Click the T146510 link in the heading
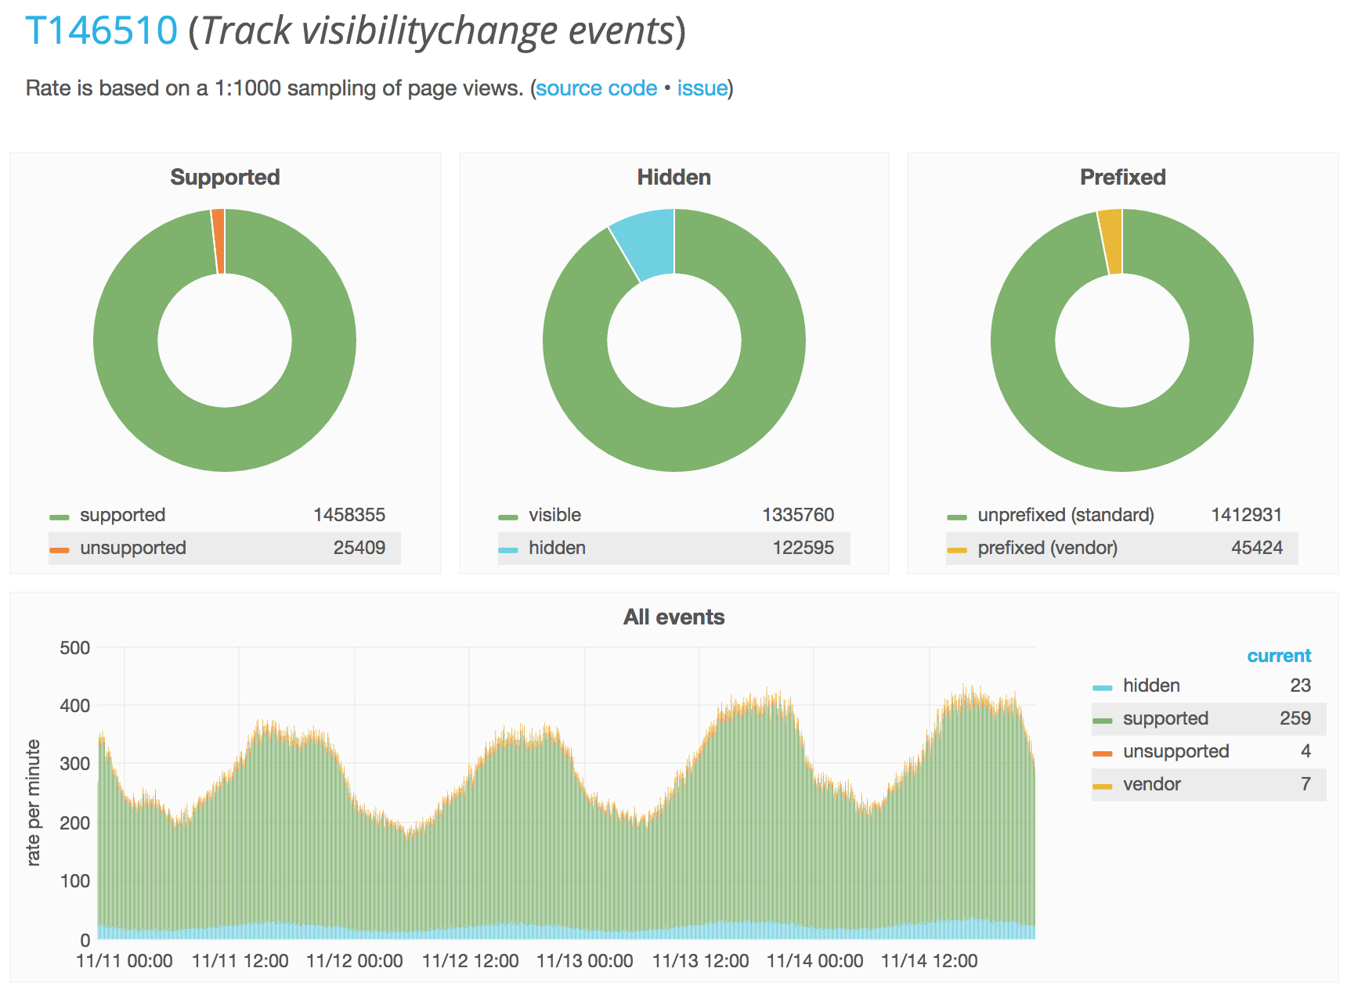(102, 31)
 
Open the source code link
(596, 88)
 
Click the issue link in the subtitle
(702, 88)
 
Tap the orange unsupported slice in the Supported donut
(218, 241)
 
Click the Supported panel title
(225, 178)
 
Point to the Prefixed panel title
(1122, 178)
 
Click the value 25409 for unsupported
(359, 548)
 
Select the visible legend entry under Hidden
(554, 515)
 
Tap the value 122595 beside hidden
(803, 548)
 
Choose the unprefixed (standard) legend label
(1065, 515)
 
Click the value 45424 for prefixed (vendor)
(1256, 548)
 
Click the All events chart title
(673, 617)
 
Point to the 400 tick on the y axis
(75, 706)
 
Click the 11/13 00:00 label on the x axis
(584, 961)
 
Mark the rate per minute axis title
(33, 802)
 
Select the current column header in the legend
(1278, 656)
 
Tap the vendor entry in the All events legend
(1151, 784)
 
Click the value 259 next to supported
(1295, 718)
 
